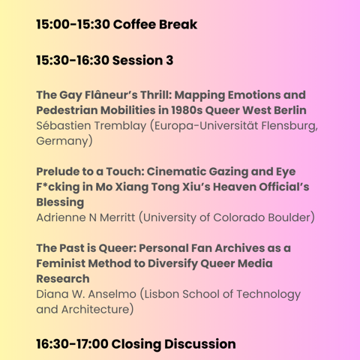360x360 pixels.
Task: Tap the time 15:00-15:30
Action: [x=73, y=25]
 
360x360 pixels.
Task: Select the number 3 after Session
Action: [x=169, y=61]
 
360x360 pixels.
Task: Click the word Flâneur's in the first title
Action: [x=111, y=95]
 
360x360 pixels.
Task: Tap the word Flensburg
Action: [x=289, y=126]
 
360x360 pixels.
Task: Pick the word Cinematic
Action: [x=176, y=172]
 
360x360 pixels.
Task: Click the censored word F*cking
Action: [x=58, y=187]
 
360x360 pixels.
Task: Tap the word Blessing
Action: [x=60, y=202]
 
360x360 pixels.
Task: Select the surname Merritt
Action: [x=118, y=217]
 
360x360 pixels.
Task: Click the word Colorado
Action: [x=239, y=217]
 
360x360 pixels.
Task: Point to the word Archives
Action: [x=239, y=248]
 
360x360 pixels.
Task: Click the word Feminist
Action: [x=61, y=263]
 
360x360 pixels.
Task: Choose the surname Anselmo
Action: [x=112, y=294]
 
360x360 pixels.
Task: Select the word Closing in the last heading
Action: [x=136, y=344]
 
